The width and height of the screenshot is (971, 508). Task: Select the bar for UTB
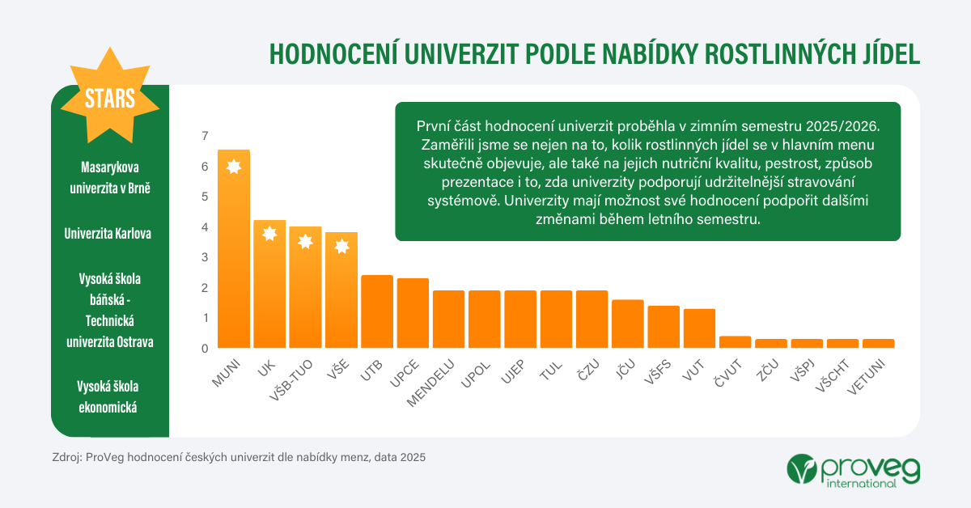click(377, 312)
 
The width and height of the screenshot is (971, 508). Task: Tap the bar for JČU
click(628, 324)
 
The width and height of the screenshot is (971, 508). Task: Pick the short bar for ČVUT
click(736, 342)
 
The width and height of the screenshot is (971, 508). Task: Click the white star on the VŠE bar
click(341, 246)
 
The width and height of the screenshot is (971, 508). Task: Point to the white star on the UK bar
click(269, 234)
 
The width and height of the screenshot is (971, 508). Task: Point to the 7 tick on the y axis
click(205, 136)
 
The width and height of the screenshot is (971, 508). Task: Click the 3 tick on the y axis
click(205, 257)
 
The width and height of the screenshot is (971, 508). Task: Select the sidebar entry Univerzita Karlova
click(109, 234)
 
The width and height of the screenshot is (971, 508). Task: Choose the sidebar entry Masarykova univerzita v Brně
click(109, 178)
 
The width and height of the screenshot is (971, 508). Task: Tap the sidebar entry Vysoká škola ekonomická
click(109, 396)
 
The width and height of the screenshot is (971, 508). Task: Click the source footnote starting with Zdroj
click(238, 457)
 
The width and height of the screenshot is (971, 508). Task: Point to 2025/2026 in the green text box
click(833, 127)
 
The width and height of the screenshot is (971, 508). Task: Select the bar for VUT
click(699, 328)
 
